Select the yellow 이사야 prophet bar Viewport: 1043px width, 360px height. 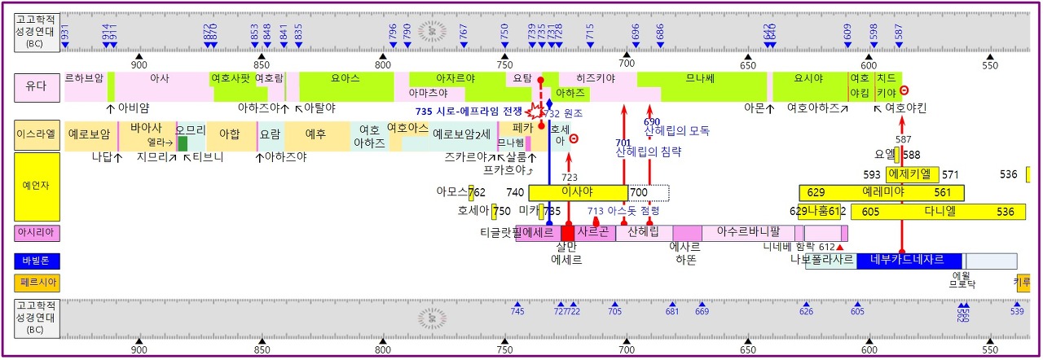pyautogui.click(x=578, y=193)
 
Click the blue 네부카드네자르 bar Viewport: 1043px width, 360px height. pyautogui.click(x=906, y=261)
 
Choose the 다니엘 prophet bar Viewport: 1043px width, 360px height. pyautogui.click(x=931, y=212)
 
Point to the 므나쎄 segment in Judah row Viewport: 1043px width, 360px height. pyautogui.click(x=701, y=79)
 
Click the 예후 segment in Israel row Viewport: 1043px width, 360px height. pyautogui.click(x=315, y=134)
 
